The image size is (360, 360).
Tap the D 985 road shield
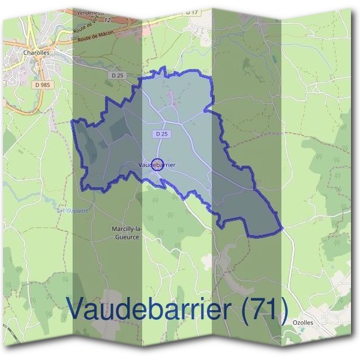click(41, 86)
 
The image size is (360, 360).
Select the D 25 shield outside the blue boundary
click(117, 75)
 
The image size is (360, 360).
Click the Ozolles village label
click(303, 322)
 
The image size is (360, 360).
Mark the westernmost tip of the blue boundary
click(72, 121)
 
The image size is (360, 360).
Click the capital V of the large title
click(77, 308)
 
